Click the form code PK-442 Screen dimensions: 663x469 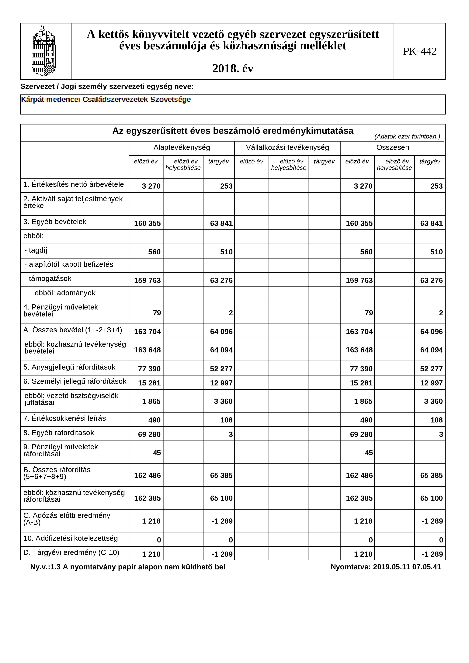tap(420, 51)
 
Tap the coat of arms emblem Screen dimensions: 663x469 tap(44, 51)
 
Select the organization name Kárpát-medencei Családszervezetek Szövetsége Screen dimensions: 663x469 tap(106, 100)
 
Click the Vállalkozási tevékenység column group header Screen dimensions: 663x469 tap(287, 148)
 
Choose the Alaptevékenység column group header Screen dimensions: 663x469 tap(182, 148)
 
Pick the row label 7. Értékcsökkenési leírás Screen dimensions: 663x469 tap(64, 419)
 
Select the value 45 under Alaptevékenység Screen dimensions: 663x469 tap(157, 453)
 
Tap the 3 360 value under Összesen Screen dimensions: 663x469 tap(433, 401)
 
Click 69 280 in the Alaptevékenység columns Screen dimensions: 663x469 tap(149, 434)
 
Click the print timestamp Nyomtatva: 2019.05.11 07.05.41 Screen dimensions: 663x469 tap(385, 567)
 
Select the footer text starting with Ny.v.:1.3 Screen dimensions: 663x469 tap(128, 567)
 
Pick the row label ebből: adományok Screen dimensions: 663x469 tap(65, 293)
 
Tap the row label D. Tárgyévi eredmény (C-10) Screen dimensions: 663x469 tap(71, 552)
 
